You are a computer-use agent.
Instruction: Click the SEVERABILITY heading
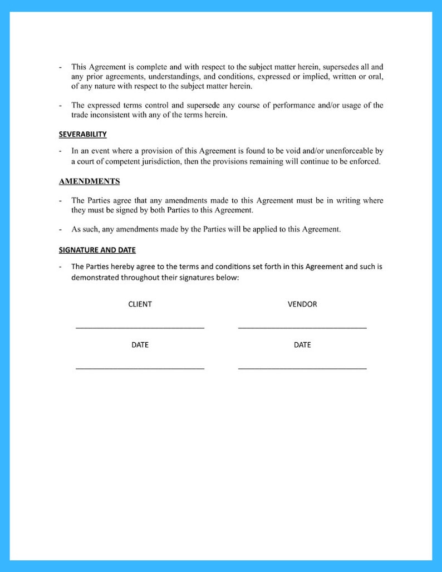pos(83,135)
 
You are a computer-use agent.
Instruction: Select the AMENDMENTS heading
pos(89,181)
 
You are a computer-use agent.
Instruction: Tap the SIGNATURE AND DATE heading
pos(97,250)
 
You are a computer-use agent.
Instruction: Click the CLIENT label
pos(140,304)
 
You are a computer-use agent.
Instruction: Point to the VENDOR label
pos(302,304)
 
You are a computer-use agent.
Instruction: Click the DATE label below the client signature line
pos(140,345)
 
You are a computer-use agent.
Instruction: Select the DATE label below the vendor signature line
pos(302,345)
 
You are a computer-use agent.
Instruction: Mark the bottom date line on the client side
pos(140,368)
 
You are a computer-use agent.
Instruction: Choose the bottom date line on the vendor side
pos(302,368)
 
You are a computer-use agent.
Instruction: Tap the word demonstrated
pos(96,278)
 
